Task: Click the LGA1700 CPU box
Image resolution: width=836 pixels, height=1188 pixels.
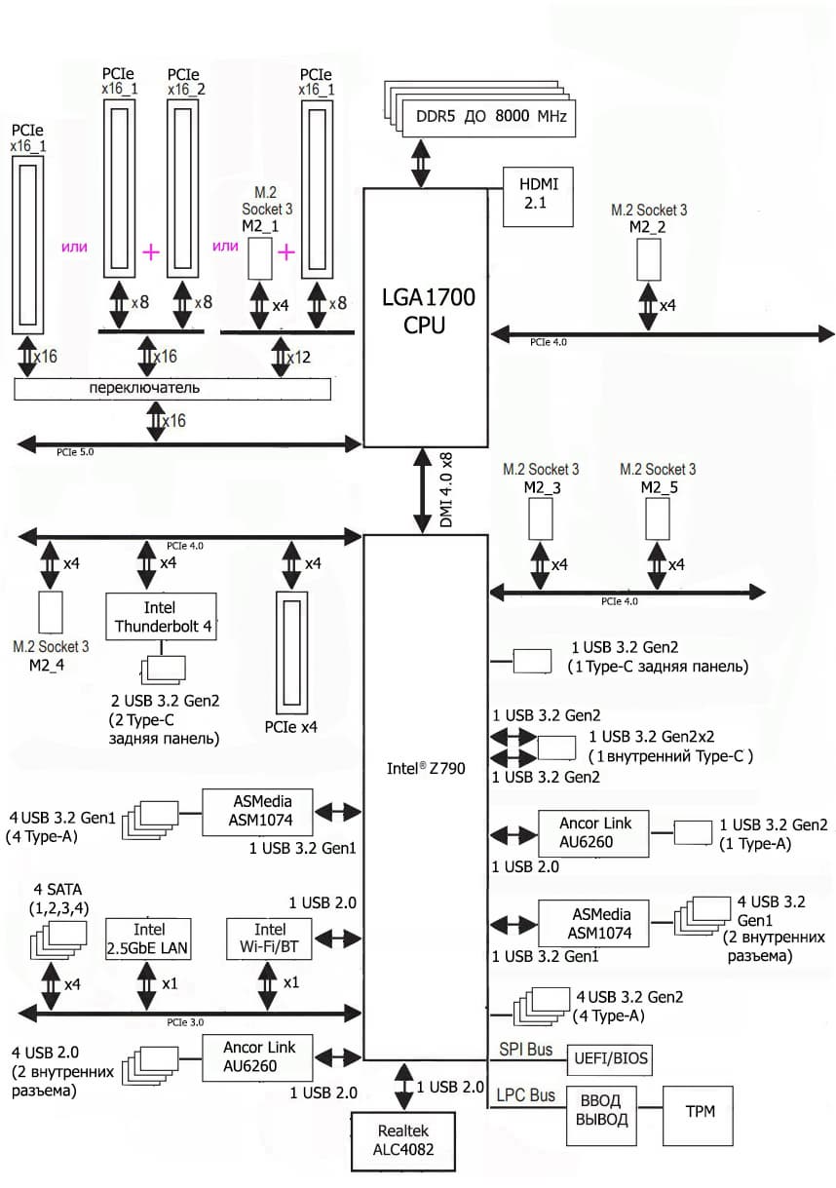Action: point(425,312)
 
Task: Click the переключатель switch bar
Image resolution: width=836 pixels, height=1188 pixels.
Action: point(172,388)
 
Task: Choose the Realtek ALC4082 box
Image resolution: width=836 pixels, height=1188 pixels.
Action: point(405,1140)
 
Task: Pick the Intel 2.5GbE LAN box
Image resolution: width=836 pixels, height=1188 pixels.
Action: point(147,939)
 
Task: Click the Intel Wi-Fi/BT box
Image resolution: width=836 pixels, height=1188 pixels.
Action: point(270,939)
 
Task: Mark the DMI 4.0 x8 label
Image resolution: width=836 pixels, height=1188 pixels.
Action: point(446,490)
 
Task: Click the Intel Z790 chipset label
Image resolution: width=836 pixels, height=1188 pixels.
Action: point(426,768)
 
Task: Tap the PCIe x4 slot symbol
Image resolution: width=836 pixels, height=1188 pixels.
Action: point(292,653)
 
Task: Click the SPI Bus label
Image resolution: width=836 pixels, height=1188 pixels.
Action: point(525,1050)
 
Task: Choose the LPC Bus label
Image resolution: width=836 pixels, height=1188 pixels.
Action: point(526,1095)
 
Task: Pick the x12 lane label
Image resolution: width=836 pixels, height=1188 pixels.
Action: point(300,357)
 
